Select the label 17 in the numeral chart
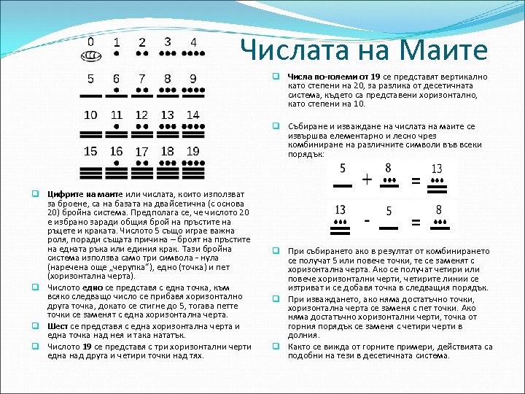click(x=141, y=152)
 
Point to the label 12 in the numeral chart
click(x=141, y=115)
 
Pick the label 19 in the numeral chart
click(x=192, y=151)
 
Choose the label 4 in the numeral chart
click(x=192, y=42)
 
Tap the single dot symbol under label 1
click(x=117, y=54)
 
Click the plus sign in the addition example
click(x=367, y=179)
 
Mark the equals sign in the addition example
click(x=416, y=179)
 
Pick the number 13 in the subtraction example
click(x=341, y=209)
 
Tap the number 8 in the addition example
click(x=388, y=168)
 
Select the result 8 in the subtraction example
click(x=439, y=209)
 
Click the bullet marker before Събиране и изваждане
click(x=277, y=125)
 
